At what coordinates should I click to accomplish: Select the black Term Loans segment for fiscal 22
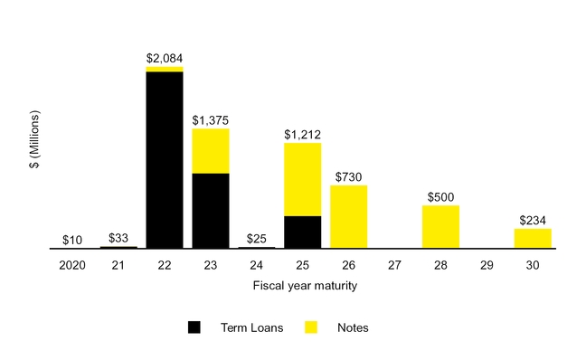pos(165,159)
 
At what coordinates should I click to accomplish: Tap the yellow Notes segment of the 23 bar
pos(211,150)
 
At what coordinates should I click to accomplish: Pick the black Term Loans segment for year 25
pos(302,232)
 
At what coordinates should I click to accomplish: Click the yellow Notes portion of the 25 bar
pos(302,179)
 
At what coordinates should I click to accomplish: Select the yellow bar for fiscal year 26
pos(348,216)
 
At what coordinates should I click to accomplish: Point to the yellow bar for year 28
pos(440,226)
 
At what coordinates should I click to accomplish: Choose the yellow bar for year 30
pos(533,238)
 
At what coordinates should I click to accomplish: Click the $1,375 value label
pos(211,119)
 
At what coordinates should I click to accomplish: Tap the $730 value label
pos(348,176)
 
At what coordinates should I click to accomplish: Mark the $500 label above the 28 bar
pos(440,196)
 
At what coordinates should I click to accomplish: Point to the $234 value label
pos(533,220)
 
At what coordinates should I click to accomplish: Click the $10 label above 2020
pos(73,240)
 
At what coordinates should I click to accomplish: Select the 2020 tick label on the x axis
pos(72,266)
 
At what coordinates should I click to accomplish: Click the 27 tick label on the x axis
pos(394,266)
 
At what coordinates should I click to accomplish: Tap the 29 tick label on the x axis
pos(487,266)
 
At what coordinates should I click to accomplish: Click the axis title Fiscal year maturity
pos(303,287)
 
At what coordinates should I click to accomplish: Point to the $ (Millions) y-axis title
pos(35,142)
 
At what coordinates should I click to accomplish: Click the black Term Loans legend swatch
pos(194,327)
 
